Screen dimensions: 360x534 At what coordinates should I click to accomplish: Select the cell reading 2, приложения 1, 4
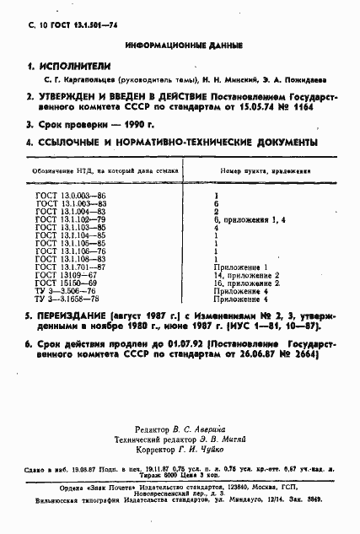pyautogui.click(x=250, y=219)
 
